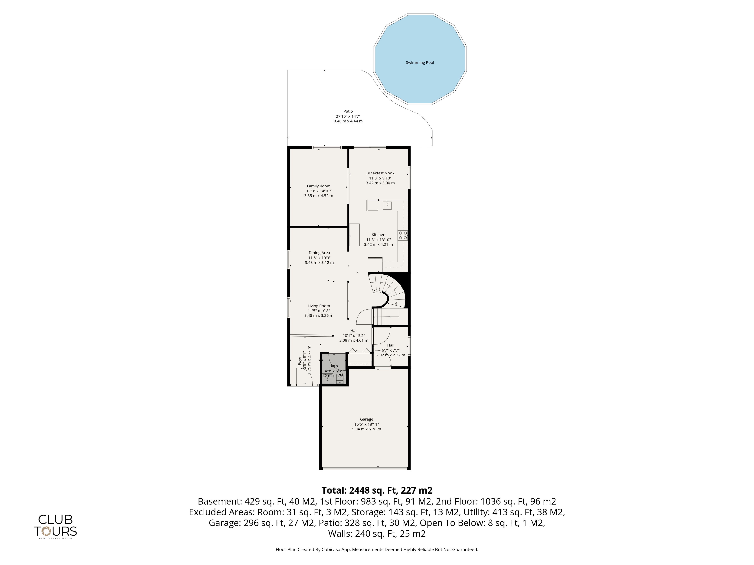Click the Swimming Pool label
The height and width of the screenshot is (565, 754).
[420, 63]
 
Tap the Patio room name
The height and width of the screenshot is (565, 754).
[348, 111]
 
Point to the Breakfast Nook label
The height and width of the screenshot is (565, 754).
[380, 173]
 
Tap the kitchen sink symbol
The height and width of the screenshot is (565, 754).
[387, 205]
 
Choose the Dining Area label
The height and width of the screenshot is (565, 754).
[319, 253]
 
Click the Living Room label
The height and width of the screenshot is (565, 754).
[319, 306]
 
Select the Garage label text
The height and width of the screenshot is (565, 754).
[366, 419]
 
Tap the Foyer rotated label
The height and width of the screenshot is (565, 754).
[300, 360]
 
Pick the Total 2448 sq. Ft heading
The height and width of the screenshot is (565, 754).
[377, 490]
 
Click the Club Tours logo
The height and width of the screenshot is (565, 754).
[55, 527]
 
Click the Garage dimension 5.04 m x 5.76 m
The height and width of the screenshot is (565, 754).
[366, 429]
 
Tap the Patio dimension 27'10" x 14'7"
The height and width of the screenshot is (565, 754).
[348, 116]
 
